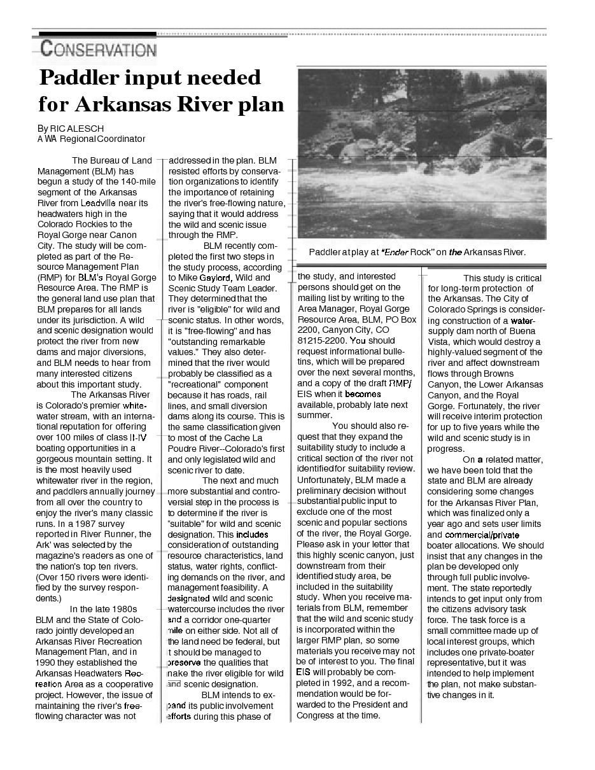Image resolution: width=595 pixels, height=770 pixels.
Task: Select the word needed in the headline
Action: click(227, 78)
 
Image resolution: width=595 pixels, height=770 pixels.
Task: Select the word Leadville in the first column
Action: click(94, 203)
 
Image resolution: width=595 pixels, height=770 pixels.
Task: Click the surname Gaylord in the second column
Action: click(217, 278)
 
